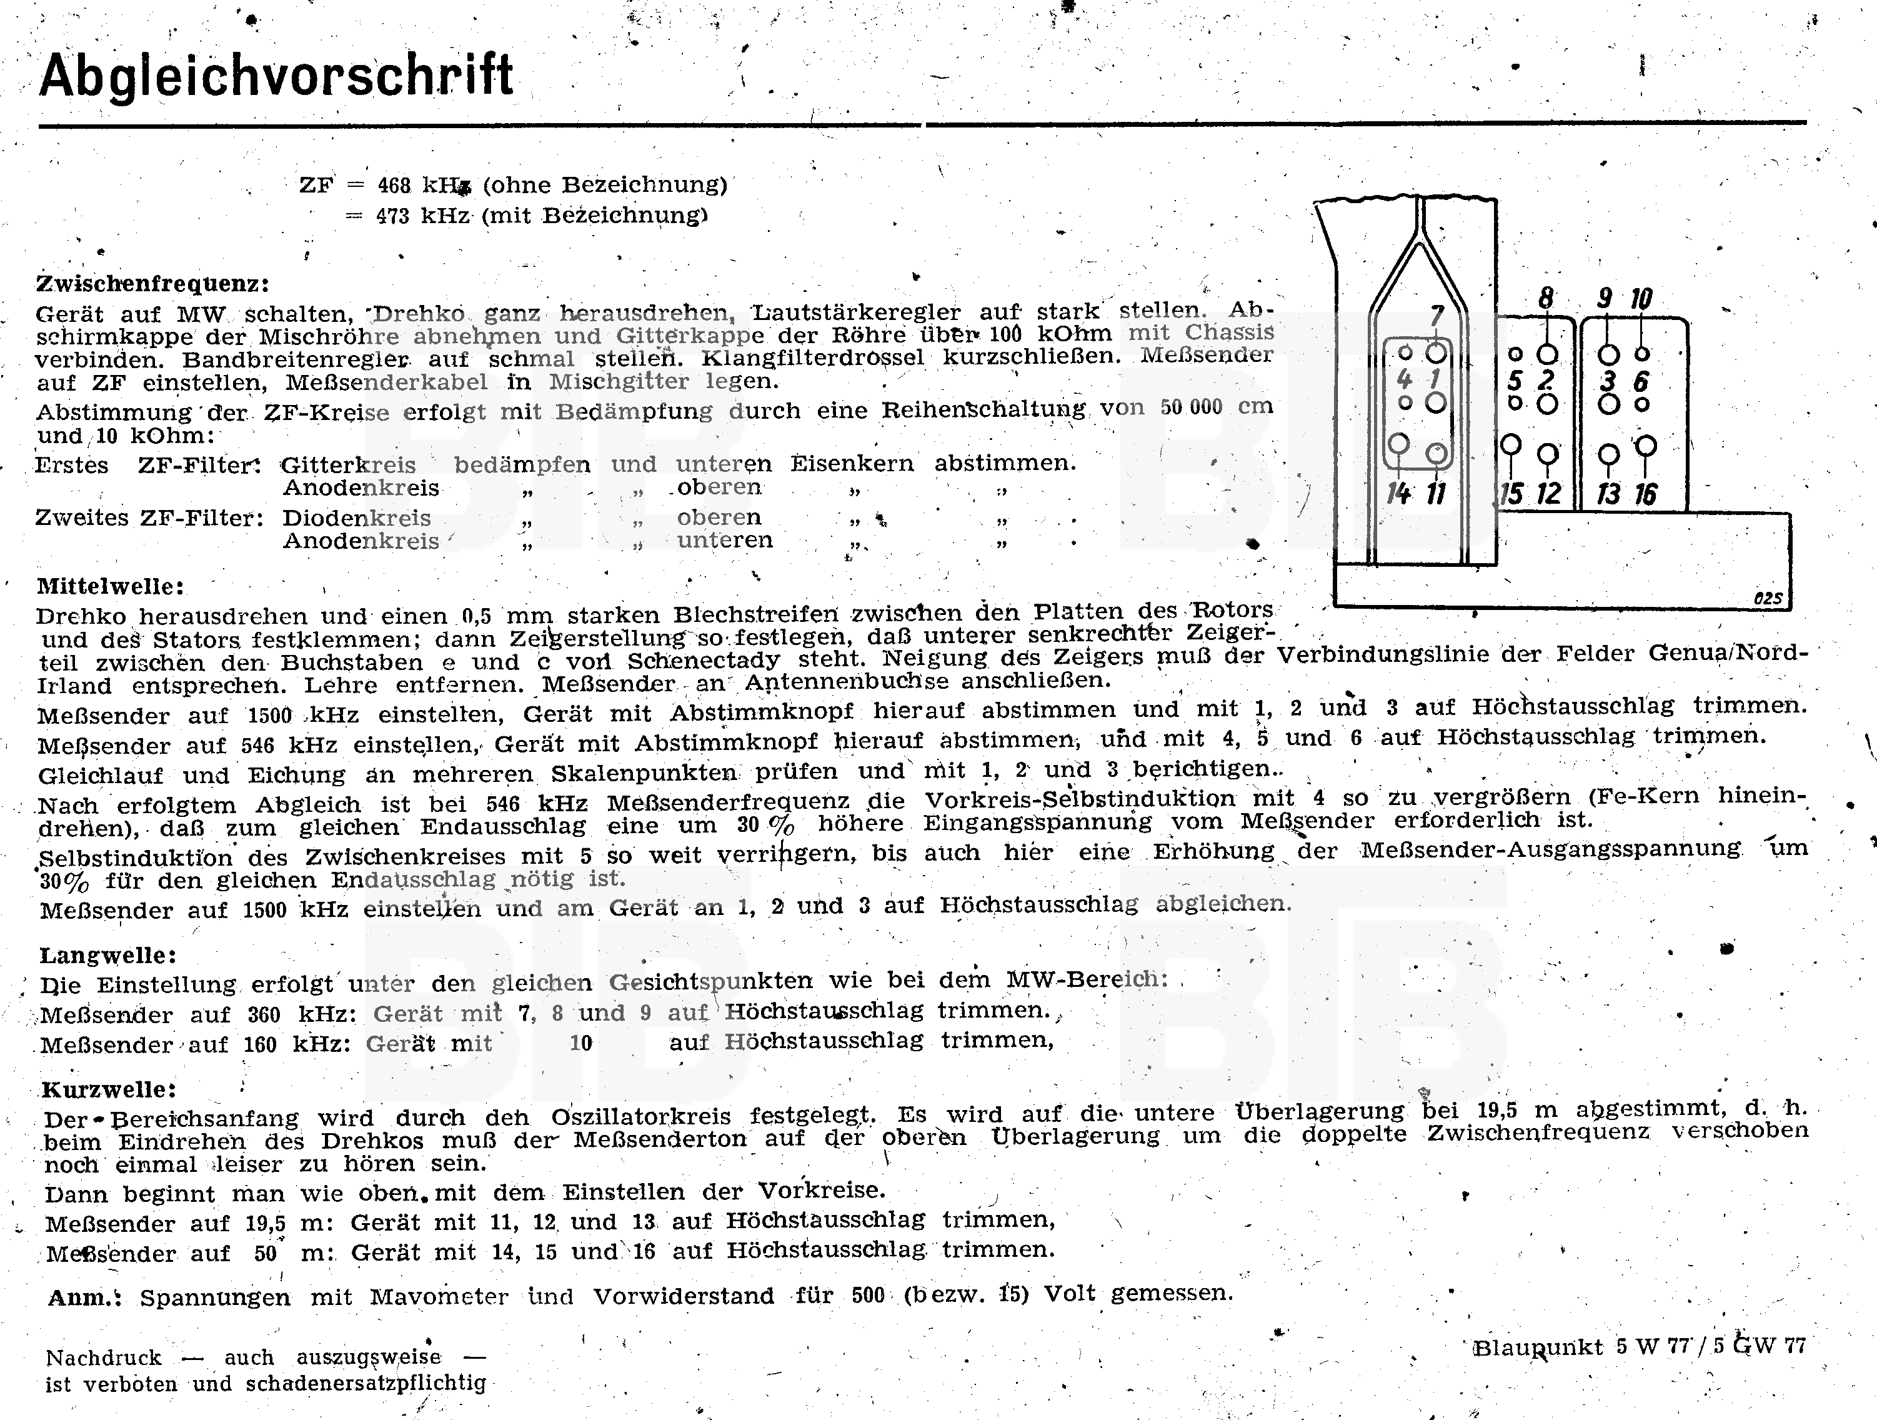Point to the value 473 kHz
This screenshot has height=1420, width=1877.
click(x=422, y=216)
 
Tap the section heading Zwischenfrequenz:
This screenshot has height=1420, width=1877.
click(x=152, y=284)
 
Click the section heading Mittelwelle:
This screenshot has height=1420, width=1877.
click(x=111, y=586)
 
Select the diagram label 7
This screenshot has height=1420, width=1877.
click(x=1436, y=316)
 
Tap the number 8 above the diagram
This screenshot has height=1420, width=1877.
click(x=1546, y=298)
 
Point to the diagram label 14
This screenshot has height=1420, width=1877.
click(x=1398, y=493)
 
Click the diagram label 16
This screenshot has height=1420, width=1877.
click(x=1645, y=494)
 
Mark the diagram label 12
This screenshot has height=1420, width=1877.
click(x=1548, y=494)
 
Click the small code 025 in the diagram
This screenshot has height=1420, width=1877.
click(x=1768, y=597)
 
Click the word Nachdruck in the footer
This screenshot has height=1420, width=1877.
click(x=104, y=1357)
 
